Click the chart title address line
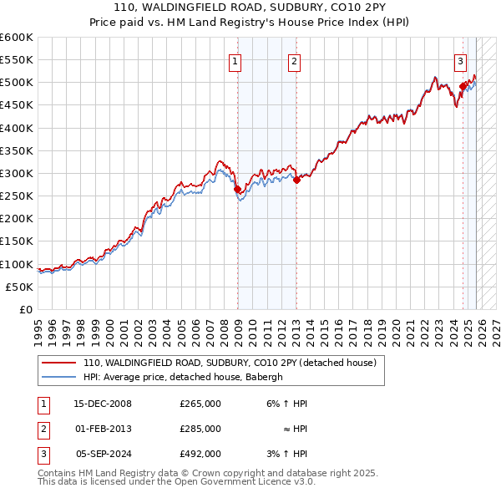[250, 8]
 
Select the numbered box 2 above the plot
[295, 61]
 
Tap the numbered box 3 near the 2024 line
[460, 61]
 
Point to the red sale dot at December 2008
[237, 189]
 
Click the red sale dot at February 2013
[296, 180]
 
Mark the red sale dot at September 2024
[463, 85]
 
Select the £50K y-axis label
[20, 287]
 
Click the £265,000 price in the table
[200, 404]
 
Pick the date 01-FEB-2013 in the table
[103, 429]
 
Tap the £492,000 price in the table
[200, 454]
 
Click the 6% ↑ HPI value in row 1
[287, 404]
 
